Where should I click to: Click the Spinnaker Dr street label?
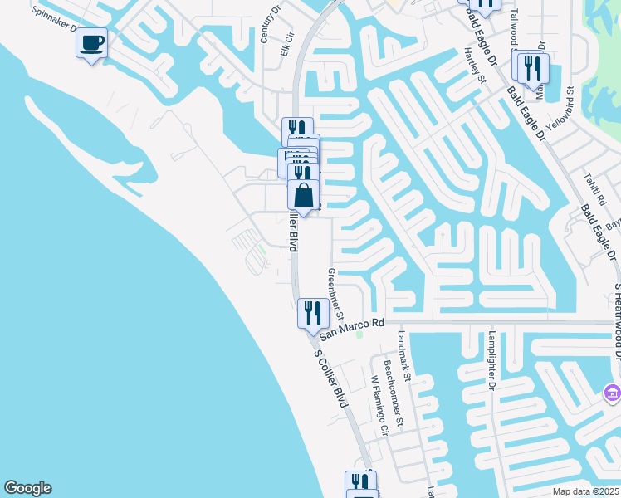55,20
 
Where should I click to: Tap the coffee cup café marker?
91,42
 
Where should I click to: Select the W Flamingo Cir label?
379,406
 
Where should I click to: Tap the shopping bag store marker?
304,197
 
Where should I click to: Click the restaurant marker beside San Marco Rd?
312,314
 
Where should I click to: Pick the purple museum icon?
611,391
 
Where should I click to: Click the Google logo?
27,488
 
